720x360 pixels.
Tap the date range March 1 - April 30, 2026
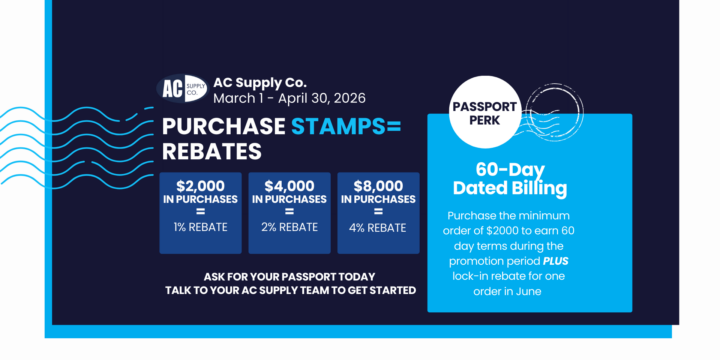point(289,98)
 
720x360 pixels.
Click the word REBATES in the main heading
point(212,152)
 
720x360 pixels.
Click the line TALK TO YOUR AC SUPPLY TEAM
point(290,290)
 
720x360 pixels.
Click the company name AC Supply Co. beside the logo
point(259,82)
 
